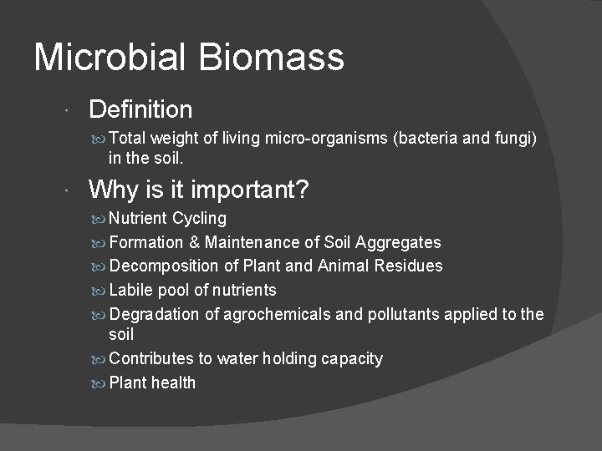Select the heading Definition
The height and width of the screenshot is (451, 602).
(140, 109)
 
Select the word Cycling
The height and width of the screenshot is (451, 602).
(199, 219)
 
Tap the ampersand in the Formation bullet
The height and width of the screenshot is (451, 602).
(194, 243)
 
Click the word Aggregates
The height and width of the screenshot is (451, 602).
(398, 243)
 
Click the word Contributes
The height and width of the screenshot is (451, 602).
(150, 359)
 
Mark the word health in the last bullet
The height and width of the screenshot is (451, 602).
(173, 383)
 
